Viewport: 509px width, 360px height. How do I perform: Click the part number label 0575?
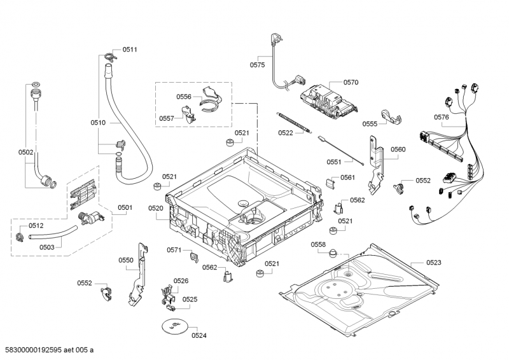click(x=257, y=64)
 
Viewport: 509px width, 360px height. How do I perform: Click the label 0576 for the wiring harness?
click(x=442, y=117)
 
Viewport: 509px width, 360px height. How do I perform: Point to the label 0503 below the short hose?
click(x=46, y=247)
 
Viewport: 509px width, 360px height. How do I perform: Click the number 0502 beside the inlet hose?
click(x=26, y=152)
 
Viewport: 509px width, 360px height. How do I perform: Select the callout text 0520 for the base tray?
click(x=156, y=208)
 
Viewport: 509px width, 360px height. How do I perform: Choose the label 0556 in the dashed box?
click(x=184, y=97)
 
